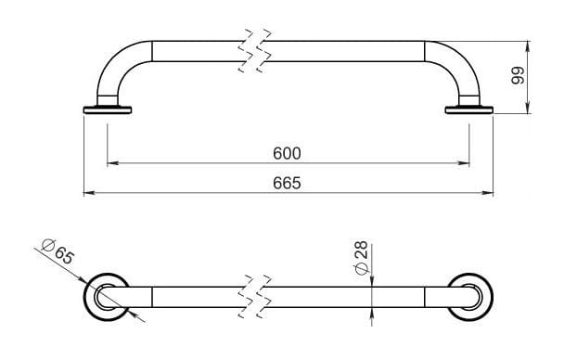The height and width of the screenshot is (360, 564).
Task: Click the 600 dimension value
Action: tap(287, 154)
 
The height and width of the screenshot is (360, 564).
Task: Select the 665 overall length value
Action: tap(287, 183)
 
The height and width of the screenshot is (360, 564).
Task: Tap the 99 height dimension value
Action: tap(519, 75)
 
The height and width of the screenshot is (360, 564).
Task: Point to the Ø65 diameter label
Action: tap(58, 251)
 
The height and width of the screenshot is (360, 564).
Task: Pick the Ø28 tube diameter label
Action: tap(361, 257)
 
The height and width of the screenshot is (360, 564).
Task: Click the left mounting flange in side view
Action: tap(108, 109)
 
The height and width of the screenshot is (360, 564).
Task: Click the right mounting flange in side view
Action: tap(469, 109)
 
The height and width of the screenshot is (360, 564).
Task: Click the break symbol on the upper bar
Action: tap(255, 50)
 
